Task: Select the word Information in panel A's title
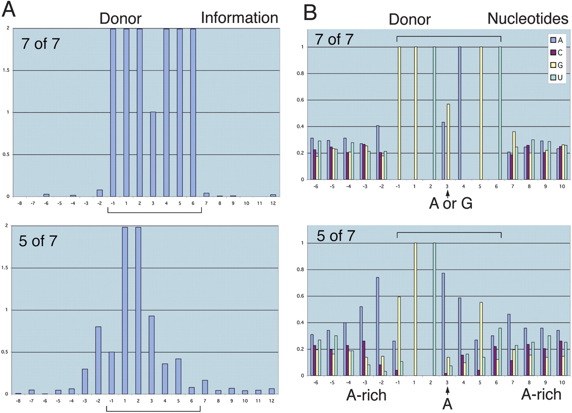(x=240, y=18)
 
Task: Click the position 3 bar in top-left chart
(x=153, y=154)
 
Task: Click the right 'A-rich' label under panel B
(x=542, y=394)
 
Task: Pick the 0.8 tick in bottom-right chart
(x=305, y=270)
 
